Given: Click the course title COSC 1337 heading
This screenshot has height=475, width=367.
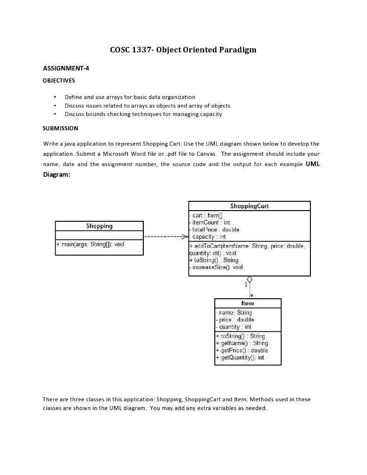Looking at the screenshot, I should point(183,50).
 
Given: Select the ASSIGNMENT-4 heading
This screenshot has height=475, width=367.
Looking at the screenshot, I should point(66,69).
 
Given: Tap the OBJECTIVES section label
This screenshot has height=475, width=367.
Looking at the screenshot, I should point(58,81).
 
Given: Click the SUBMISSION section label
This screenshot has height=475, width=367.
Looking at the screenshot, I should point(60,128).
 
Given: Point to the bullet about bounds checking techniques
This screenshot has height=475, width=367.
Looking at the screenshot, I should point(143,114).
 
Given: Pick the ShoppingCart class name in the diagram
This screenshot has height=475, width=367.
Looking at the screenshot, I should point(249,206).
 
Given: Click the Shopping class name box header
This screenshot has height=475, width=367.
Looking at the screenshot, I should point(99,226).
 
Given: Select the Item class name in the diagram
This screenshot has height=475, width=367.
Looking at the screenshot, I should point(248,303).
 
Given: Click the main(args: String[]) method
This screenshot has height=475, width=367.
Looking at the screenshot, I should point(90,244).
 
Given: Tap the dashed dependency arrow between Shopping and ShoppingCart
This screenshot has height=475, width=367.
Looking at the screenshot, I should point(165,237).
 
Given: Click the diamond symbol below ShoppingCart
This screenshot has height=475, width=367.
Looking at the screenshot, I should point(250,280).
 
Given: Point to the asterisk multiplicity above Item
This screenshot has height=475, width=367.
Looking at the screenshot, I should point(251,295).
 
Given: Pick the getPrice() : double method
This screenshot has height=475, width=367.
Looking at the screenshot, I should point(242,351).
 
